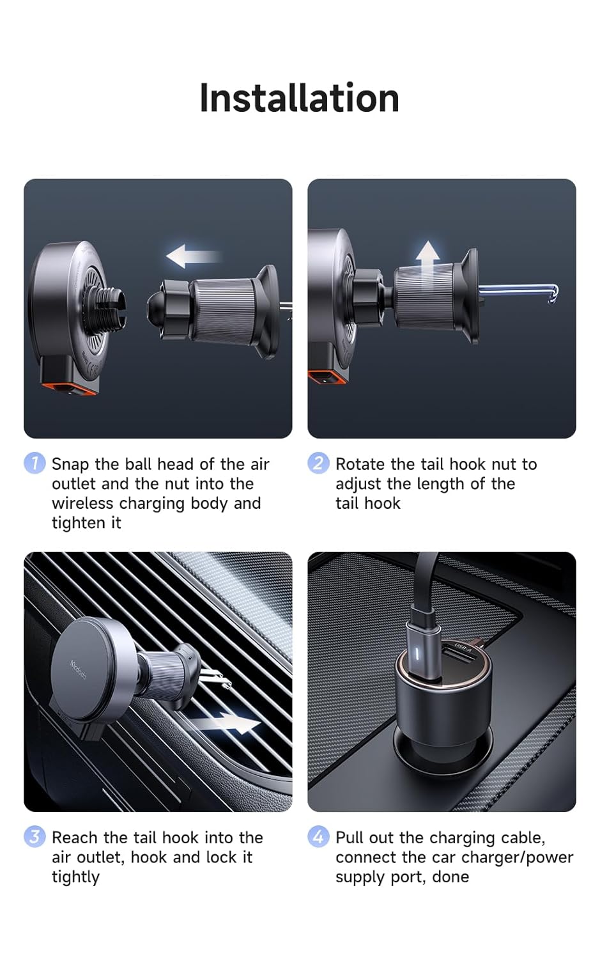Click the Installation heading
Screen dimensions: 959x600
(299, 98)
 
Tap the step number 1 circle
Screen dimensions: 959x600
(35, 463)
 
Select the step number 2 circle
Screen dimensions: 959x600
(318, 463)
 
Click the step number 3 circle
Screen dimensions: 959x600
(35, 836)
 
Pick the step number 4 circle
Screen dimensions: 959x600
(318, 836)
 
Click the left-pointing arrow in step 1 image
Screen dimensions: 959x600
(192, 256)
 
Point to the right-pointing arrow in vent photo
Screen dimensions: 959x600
(227, 724)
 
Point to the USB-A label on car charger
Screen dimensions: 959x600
(463, 647)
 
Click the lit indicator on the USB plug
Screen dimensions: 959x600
(417, 654)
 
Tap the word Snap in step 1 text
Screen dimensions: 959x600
(71, 464)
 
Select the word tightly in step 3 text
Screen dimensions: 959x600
(75, 877)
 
